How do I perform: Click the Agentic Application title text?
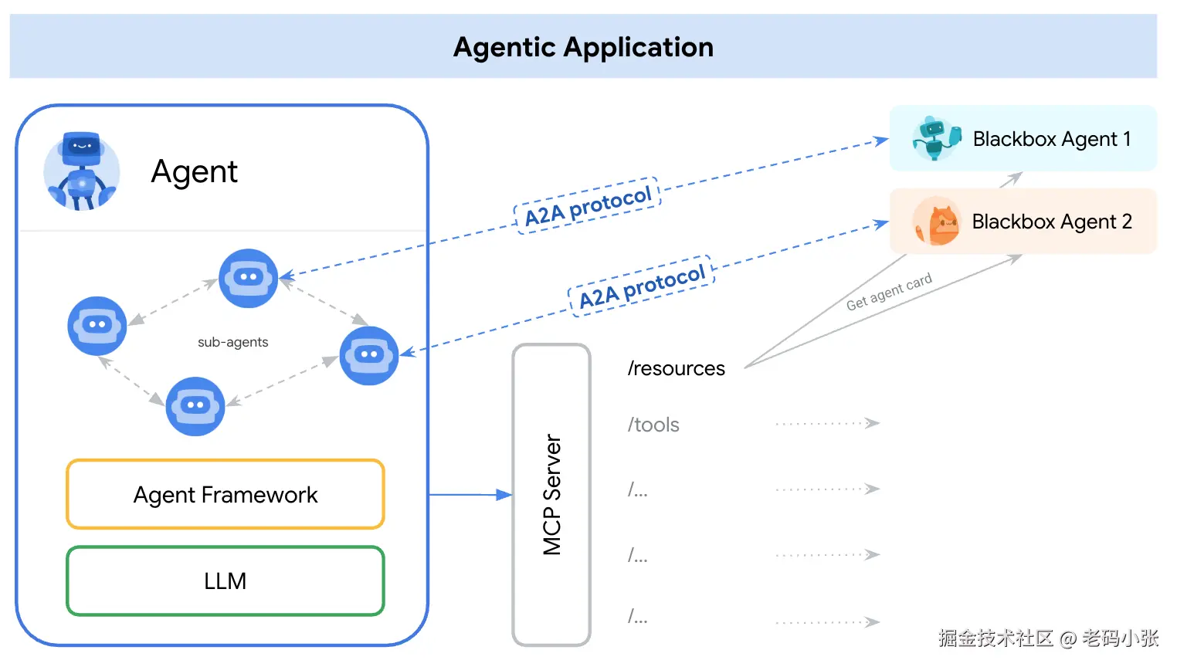coord(583,48)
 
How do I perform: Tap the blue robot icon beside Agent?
coord(82,171)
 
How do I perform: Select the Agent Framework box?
coord(226,494)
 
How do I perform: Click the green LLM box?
coord(226,581)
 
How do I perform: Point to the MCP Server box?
coord(551,495)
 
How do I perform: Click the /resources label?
coord(676,369)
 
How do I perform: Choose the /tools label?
coord(653,425)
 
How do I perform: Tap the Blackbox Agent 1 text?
coord(1052,139)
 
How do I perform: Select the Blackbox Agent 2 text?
coord(1052,222)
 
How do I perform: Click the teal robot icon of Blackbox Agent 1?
coord(936,138)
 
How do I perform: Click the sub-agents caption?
coord(232,342)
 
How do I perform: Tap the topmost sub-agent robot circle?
coord(248,278)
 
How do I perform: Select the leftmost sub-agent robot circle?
coord(97,326)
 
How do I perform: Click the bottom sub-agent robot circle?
coord(195,406)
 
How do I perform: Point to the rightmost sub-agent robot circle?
coord(369,356)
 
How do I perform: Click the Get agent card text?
coord(889,292)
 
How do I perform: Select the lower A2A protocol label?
coord(642,286)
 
